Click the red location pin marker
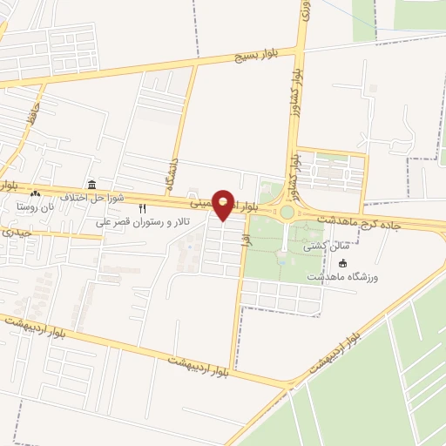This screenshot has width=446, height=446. [226, 206]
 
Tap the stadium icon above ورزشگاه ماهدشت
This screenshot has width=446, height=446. [342, 263]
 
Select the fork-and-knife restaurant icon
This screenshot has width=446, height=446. [143, 209]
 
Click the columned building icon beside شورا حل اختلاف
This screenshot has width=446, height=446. [91, 184]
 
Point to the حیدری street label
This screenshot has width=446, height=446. [16, 233]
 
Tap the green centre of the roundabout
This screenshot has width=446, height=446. [287, 212]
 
